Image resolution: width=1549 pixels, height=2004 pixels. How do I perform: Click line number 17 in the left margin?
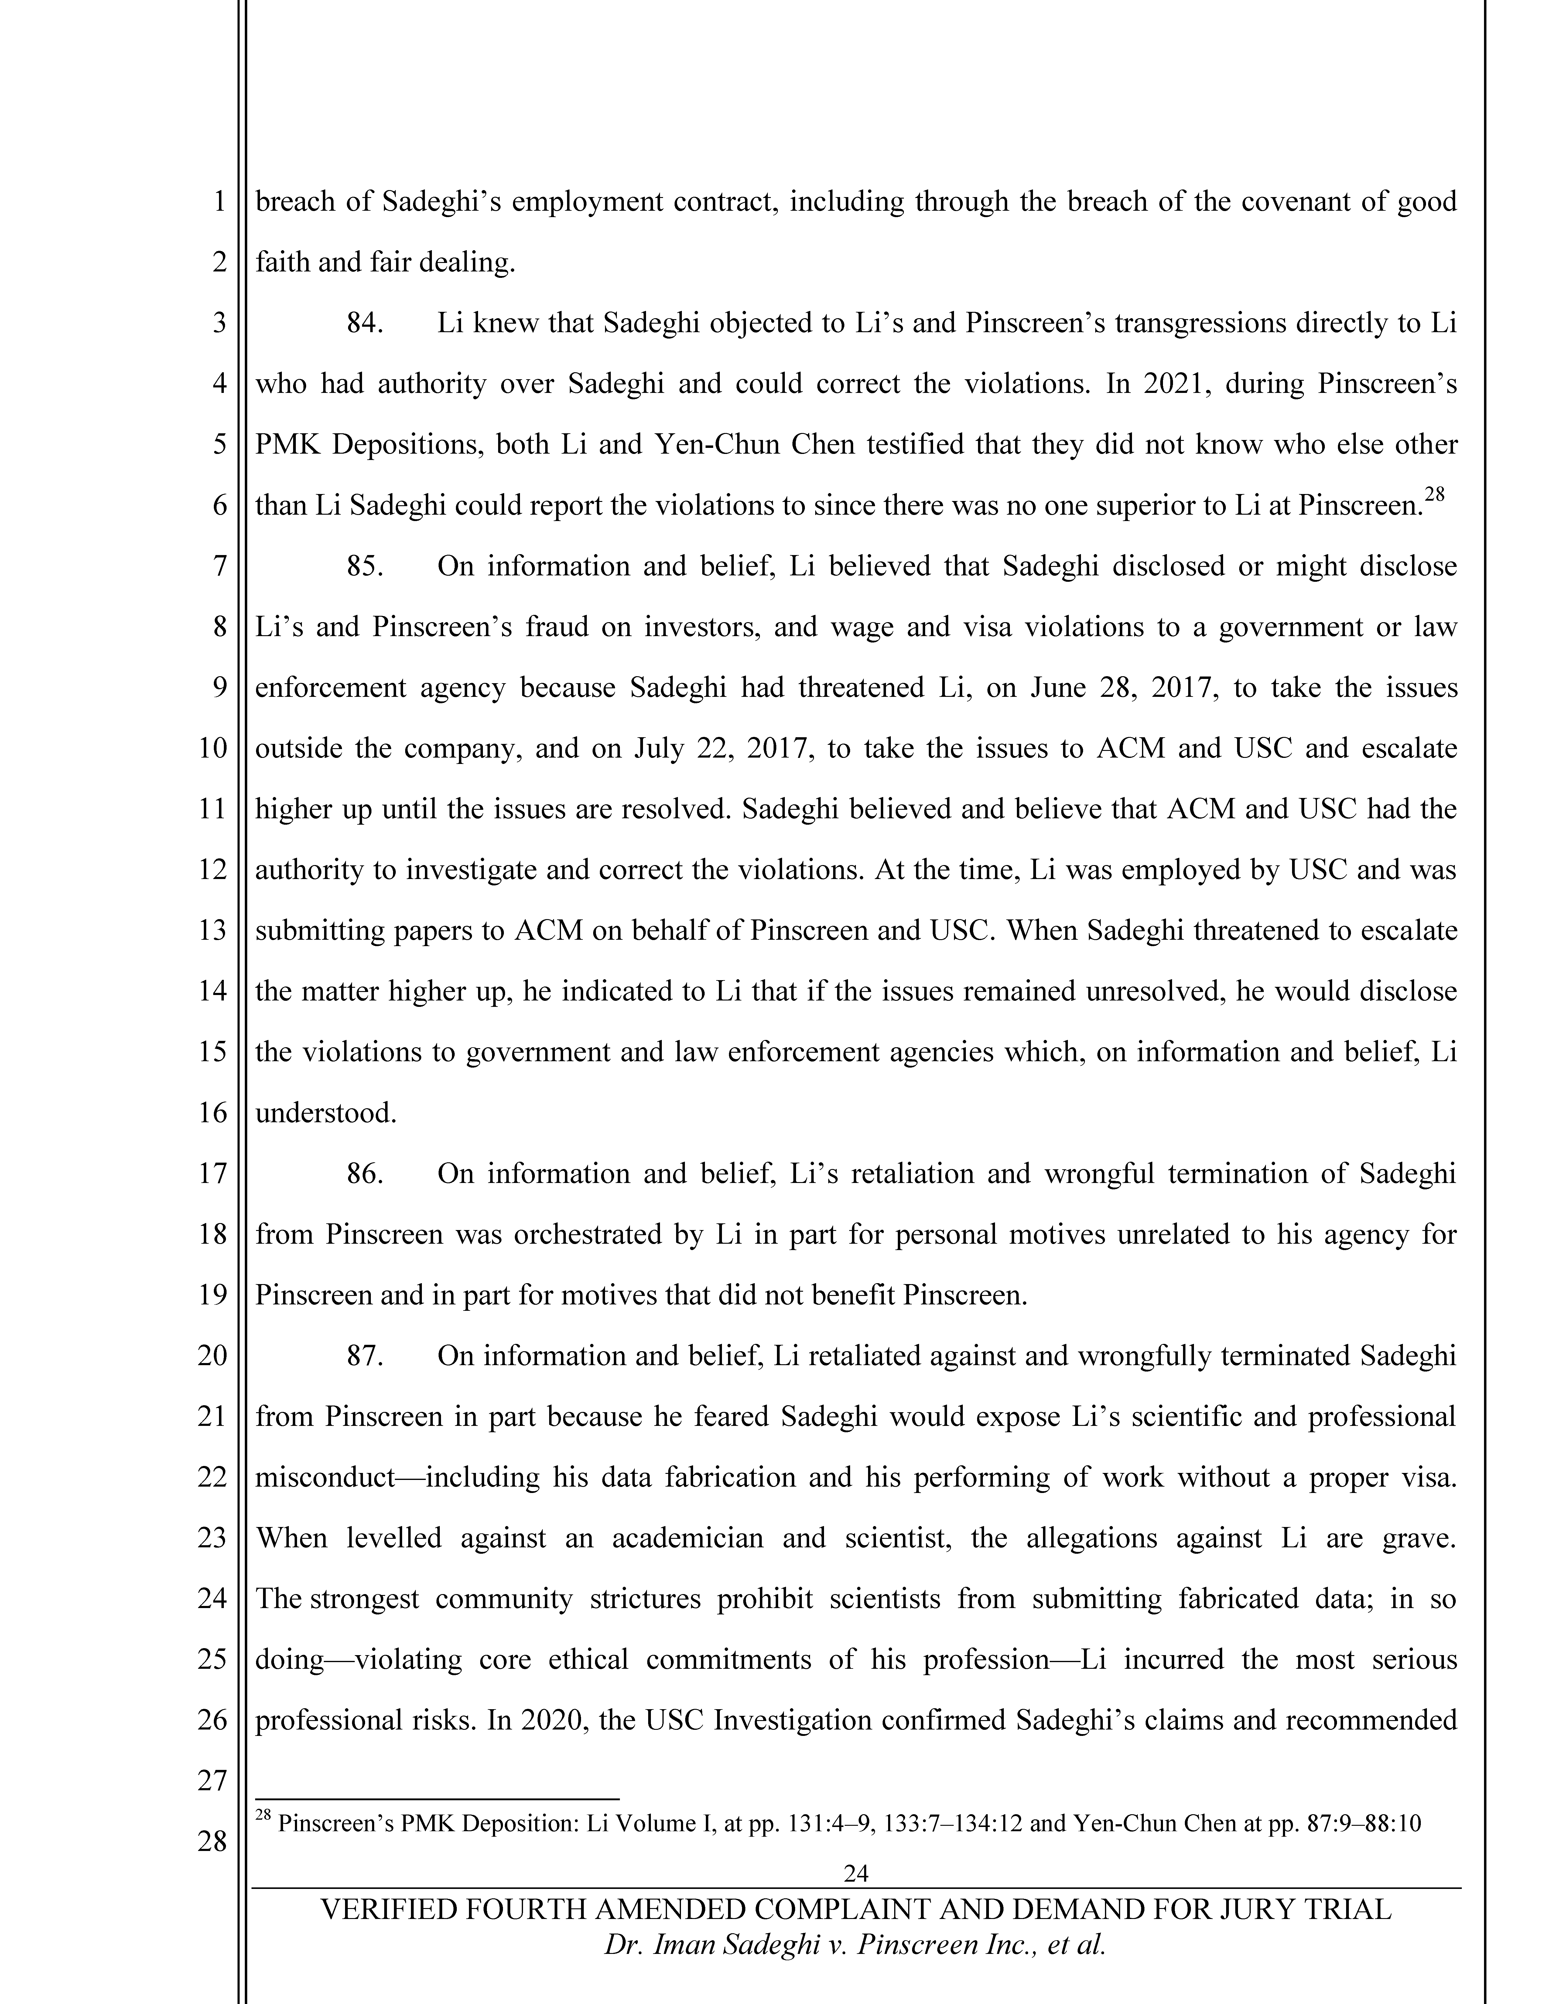click(212, 1174)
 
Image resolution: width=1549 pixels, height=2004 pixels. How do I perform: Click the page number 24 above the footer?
click(855, 1873)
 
